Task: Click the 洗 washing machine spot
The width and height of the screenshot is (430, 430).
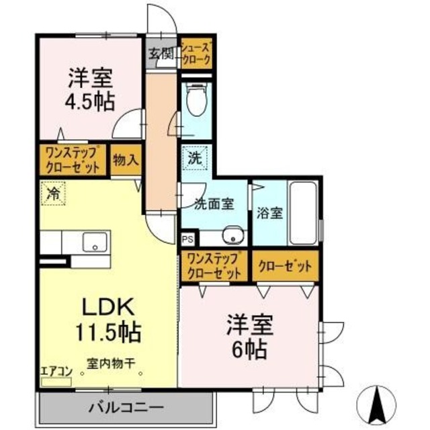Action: point(194,160)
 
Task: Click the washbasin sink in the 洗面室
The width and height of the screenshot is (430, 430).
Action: point(232,235)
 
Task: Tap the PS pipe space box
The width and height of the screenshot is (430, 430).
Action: point(187,239)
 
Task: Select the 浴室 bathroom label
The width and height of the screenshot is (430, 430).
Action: point(269,213)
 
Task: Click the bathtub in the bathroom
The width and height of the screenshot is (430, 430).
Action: point(305,213)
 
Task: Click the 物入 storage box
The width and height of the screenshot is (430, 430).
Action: point(126,160)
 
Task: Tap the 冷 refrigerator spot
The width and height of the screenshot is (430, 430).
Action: point(52,194)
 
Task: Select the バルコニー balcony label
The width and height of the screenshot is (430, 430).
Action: point(126,406)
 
